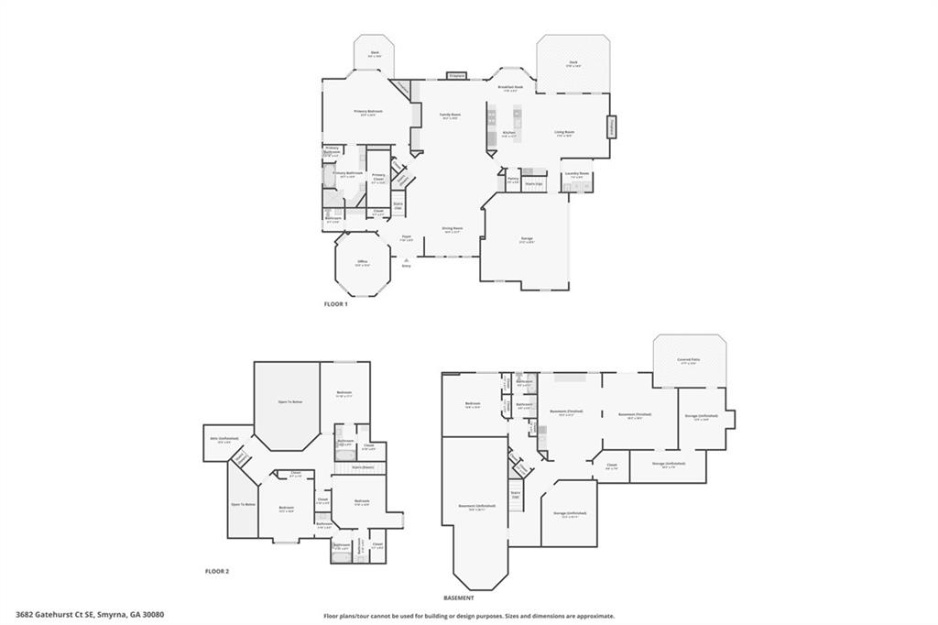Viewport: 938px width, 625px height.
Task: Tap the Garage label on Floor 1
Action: tap(527, 238)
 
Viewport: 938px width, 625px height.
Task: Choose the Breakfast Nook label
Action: tap(510, 87)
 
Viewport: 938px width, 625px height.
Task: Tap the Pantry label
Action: tap(512, 179)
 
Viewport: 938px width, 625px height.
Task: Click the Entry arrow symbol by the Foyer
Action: tap(406, 258)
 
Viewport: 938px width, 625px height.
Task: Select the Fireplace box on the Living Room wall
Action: tap(612, 126)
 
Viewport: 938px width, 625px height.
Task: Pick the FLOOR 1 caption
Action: tap(335, 303)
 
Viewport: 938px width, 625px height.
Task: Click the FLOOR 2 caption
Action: tap(216, 571)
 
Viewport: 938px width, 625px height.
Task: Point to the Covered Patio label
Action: tap(690, 360)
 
